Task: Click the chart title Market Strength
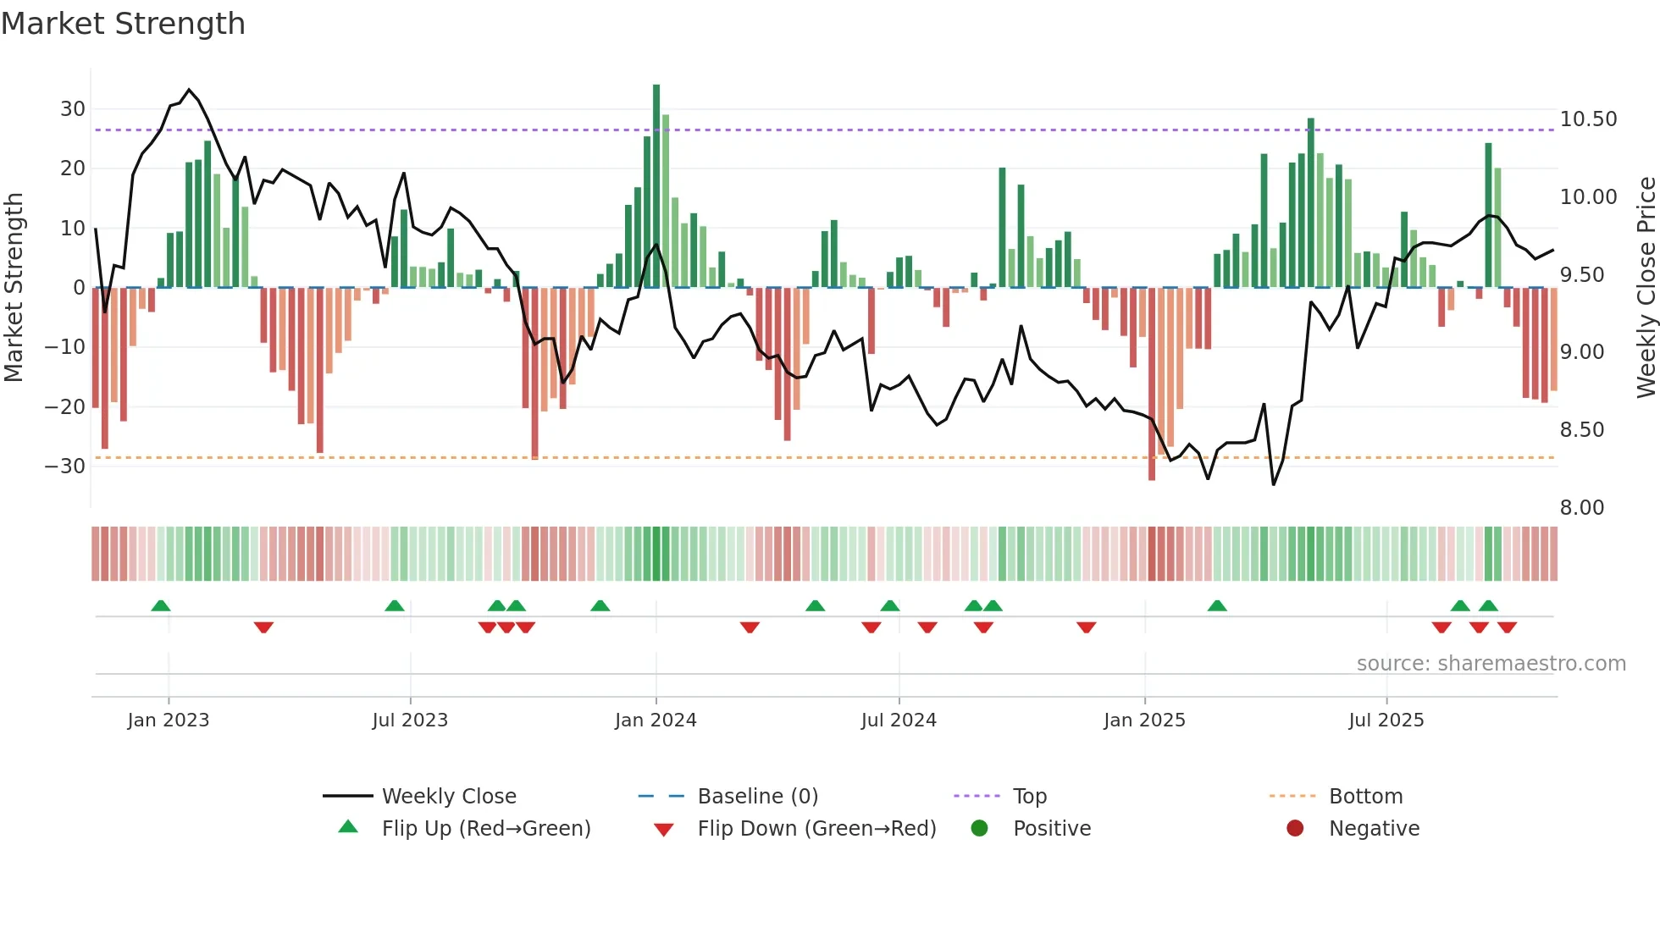point(124,24)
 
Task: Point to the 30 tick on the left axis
point(73,109)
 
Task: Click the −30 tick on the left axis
point(65,466)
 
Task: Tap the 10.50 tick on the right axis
point(1588,119)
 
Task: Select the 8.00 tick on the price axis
point(1581,508)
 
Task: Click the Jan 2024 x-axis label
point(656,720)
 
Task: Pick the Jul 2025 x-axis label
point(1386,720)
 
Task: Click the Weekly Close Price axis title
point(1646,288)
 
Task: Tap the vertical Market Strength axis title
point(14,288)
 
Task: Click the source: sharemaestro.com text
point(1491,664)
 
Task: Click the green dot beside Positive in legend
point(979,829)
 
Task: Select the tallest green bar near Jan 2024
point(656,186)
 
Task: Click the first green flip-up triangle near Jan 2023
point(161,605)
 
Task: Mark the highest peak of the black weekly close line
point(189,90)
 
